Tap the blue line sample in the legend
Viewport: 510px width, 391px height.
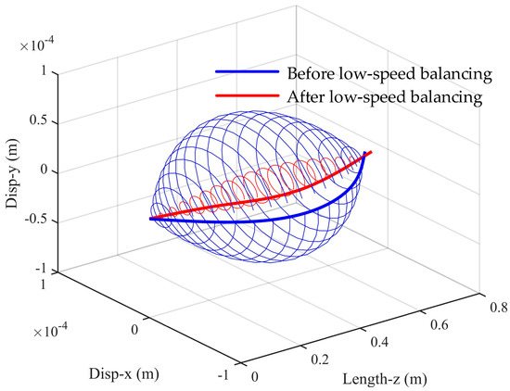[x=248, y=73]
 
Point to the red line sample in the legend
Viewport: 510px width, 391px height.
[x=248, y=95]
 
